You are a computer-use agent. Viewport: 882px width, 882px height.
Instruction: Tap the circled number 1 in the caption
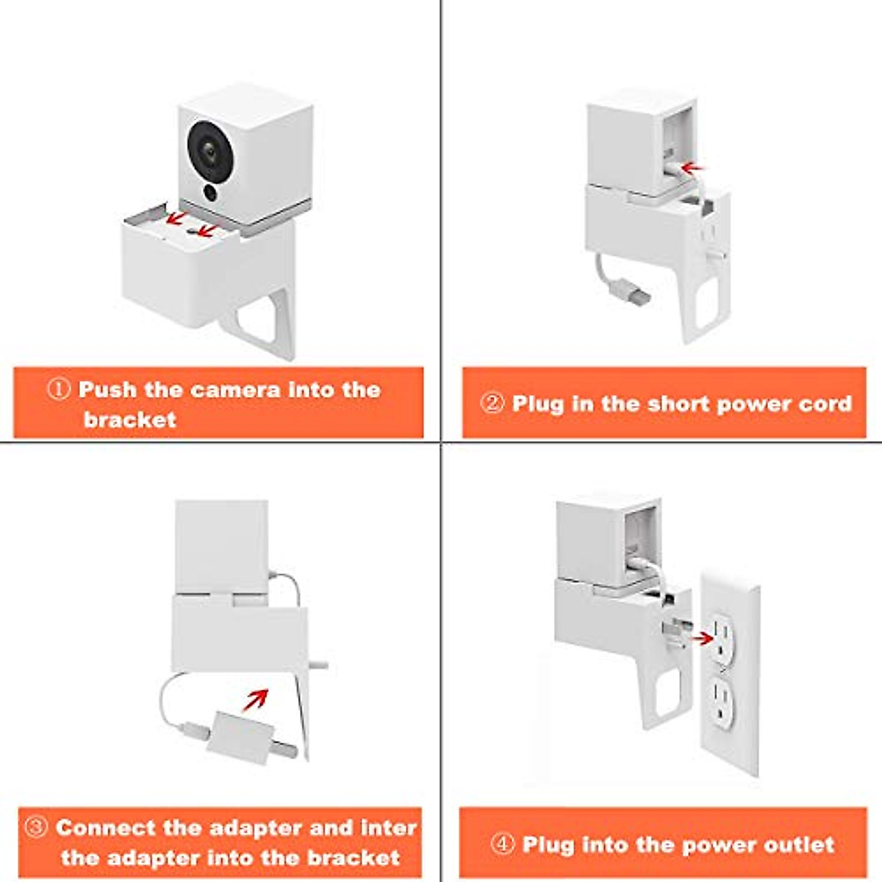[59, 390]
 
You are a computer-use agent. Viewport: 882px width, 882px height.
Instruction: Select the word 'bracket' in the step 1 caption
[129, 420]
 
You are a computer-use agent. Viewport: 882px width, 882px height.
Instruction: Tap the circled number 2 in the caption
[492, 404]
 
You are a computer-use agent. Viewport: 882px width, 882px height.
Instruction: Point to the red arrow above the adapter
[255, 700]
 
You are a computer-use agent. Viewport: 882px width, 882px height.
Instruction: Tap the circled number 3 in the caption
[37, 828]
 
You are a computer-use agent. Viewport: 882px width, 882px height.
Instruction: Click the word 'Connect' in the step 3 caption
[106, 828]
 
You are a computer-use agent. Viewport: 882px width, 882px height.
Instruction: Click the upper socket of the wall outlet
[728, 637]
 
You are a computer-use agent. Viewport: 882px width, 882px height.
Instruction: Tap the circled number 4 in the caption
[502, 845]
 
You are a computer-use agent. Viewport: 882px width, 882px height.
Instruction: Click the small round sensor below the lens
[211, 193]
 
